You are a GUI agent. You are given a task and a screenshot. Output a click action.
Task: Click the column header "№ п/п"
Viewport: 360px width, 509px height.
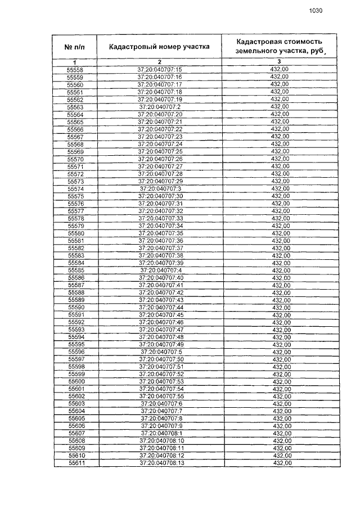74,47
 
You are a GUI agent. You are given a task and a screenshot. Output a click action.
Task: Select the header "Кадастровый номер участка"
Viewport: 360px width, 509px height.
159,47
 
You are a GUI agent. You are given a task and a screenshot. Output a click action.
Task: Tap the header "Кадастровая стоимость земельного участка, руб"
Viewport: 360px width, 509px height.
280,46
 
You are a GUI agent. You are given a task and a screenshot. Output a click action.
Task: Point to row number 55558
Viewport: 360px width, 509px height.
74,69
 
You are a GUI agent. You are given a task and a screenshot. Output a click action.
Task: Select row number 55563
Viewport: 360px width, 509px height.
74,107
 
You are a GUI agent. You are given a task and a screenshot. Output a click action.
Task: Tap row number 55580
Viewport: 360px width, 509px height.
75,233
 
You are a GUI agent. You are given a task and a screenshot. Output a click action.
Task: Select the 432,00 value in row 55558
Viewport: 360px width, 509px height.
279,69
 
